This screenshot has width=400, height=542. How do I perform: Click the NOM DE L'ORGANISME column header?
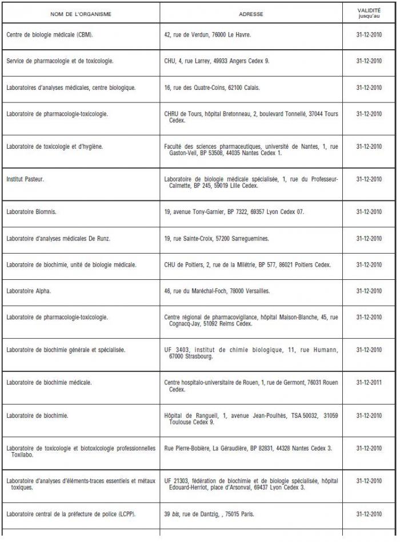coord(81,13)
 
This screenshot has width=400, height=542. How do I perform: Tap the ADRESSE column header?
coord(251,13)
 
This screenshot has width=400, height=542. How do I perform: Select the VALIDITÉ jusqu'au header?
coord(369,13)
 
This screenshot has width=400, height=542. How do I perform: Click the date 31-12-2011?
coord(369,382)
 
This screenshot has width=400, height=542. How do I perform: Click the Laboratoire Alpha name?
coord(29,291)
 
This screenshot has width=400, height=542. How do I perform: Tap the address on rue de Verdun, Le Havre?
coord(207,34)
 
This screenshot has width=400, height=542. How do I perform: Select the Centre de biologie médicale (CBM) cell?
coord(50,34)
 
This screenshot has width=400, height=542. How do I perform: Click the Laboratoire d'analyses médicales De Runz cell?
coord(57,238)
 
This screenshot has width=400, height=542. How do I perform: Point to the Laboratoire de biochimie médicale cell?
coord(49,382)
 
